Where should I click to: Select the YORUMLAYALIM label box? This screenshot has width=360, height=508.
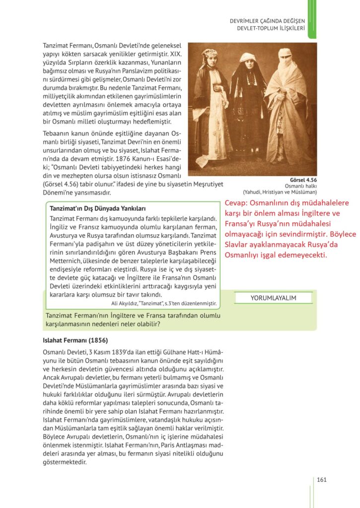coord(273,298)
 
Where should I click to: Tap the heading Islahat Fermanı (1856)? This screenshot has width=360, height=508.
coord(75,341)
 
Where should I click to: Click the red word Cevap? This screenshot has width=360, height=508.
coord(236,203)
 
